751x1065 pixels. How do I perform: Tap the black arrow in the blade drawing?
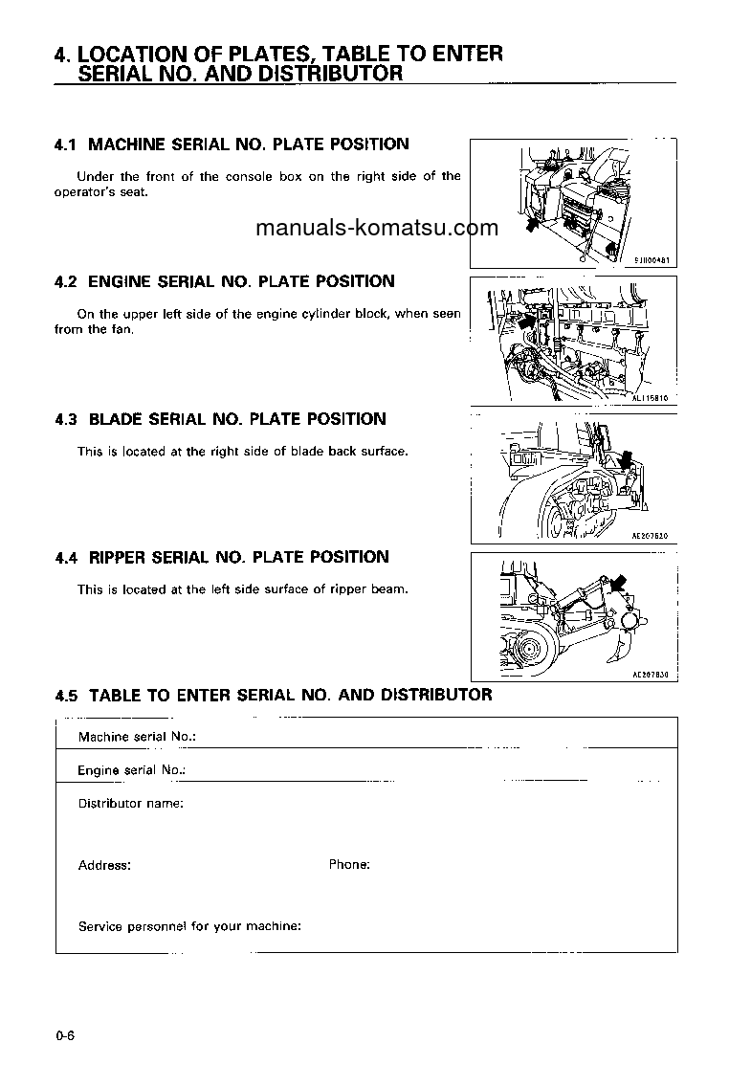pos(625,461)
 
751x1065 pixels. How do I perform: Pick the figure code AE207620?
pos(649,537)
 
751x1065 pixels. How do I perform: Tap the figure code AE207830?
pos(649,674)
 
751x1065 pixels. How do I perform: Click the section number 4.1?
pos(66,144)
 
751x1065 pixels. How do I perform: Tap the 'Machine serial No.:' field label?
pos(137,737)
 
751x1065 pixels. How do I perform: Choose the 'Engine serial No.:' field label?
pos(131,769)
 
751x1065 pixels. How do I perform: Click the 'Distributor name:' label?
pos(130,803)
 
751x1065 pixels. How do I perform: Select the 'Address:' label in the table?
pos(104,865)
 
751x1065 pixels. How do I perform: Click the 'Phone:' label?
pos(349,864)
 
